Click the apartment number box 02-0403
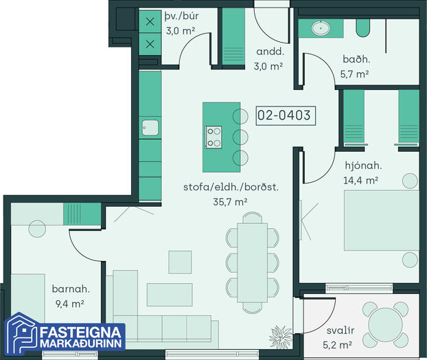(286, 115)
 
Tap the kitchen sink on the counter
(150, 128)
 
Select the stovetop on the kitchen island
(213, 137)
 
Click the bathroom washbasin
(321, 27)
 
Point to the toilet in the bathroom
(363, 27)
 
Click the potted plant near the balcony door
(281, 337)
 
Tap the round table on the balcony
(385, 324)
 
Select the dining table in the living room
(252, 262)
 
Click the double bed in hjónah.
(382, 221)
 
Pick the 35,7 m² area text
(230, 202)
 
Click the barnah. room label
(71, 289)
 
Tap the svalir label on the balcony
(341, 330)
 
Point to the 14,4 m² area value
(360, 181)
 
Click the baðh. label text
(356, 59)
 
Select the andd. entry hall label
(270, 52)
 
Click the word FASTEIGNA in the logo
(80, 333)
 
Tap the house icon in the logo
(22, 334)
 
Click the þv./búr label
(181, 16)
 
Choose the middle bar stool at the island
(240, 137)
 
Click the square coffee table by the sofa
(180, 262)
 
